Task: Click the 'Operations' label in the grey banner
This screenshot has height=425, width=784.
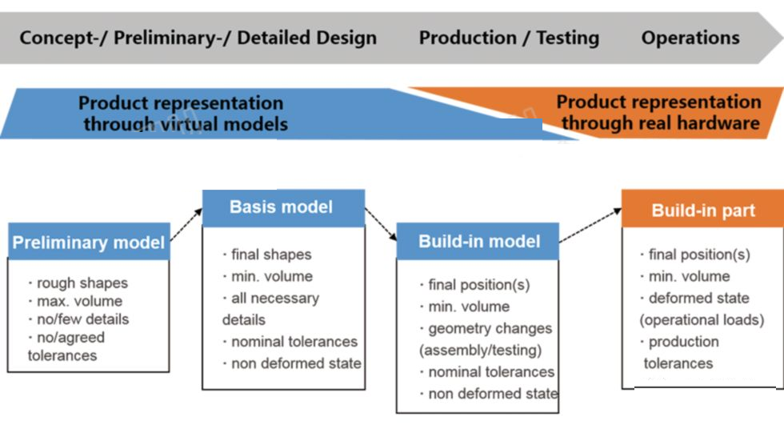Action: point(690,38)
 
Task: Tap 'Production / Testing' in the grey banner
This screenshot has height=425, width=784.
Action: point(509,38)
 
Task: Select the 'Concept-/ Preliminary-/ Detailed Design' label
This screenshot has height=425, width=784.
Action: point(198,38)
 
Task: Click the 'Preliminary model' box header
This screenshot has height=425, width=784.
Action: point(89,242)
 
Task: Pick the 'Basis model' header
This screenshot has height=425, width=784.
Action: point(283,207)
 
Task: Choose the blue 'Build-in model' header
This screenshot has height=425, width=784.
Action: point(478,242)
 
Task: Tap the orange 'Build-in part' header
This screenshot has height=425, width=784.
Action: point(702,210)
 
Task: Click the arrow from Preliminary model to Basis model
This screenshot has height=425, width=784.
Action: point(186,224)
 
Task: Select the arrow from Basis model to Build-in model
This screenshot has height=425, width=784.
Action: point(381,224)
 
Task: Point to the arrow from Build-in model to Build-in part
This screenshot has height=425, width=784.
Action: point(590,226)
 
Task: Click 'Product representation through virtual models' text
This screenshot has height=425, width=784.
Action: point(183,114)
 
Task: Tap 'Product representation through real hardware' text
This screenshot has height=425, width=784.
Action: point(659,112)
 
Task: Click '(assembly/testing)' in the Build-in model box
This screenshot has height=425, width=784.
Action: point(481,350)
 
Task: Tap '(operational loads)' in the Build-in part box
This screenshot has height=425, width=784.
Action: point(702,320)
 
